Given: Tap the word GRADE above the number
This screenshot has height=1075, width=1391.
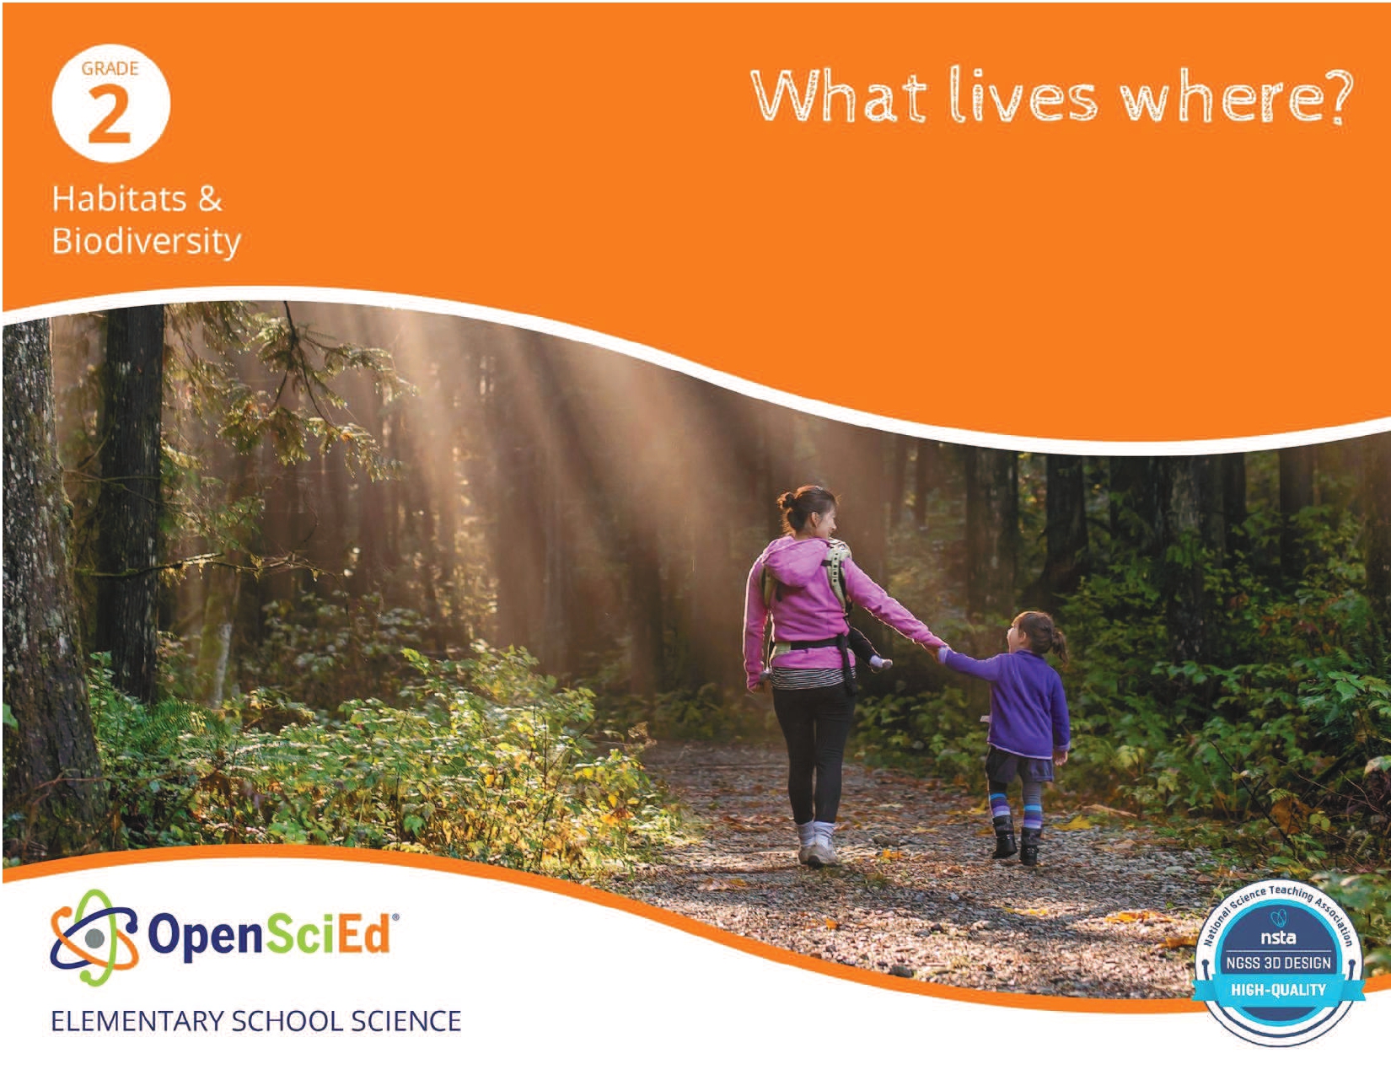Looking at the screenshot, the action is click(110, 68).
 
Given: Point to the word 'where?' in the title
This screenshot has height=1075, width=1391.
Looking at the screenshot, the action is click(1236, 96).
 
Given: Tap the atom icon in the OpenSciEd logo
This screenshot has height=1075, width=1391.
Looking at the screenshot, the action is click(94, 937).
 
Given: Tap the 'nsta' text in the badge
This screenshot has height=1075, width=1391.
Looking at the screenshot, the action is click(1278, 938).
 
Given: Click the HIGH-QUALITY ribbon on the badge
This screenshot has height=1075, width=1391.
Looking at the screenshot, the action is click(1278, 990).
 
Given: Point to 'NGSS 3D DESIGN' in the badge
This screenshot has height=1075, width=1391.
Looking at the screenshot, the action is click(1278, 962).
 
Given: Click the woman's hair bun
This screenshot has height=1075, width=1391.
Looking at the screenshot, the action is click(787, 500).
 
